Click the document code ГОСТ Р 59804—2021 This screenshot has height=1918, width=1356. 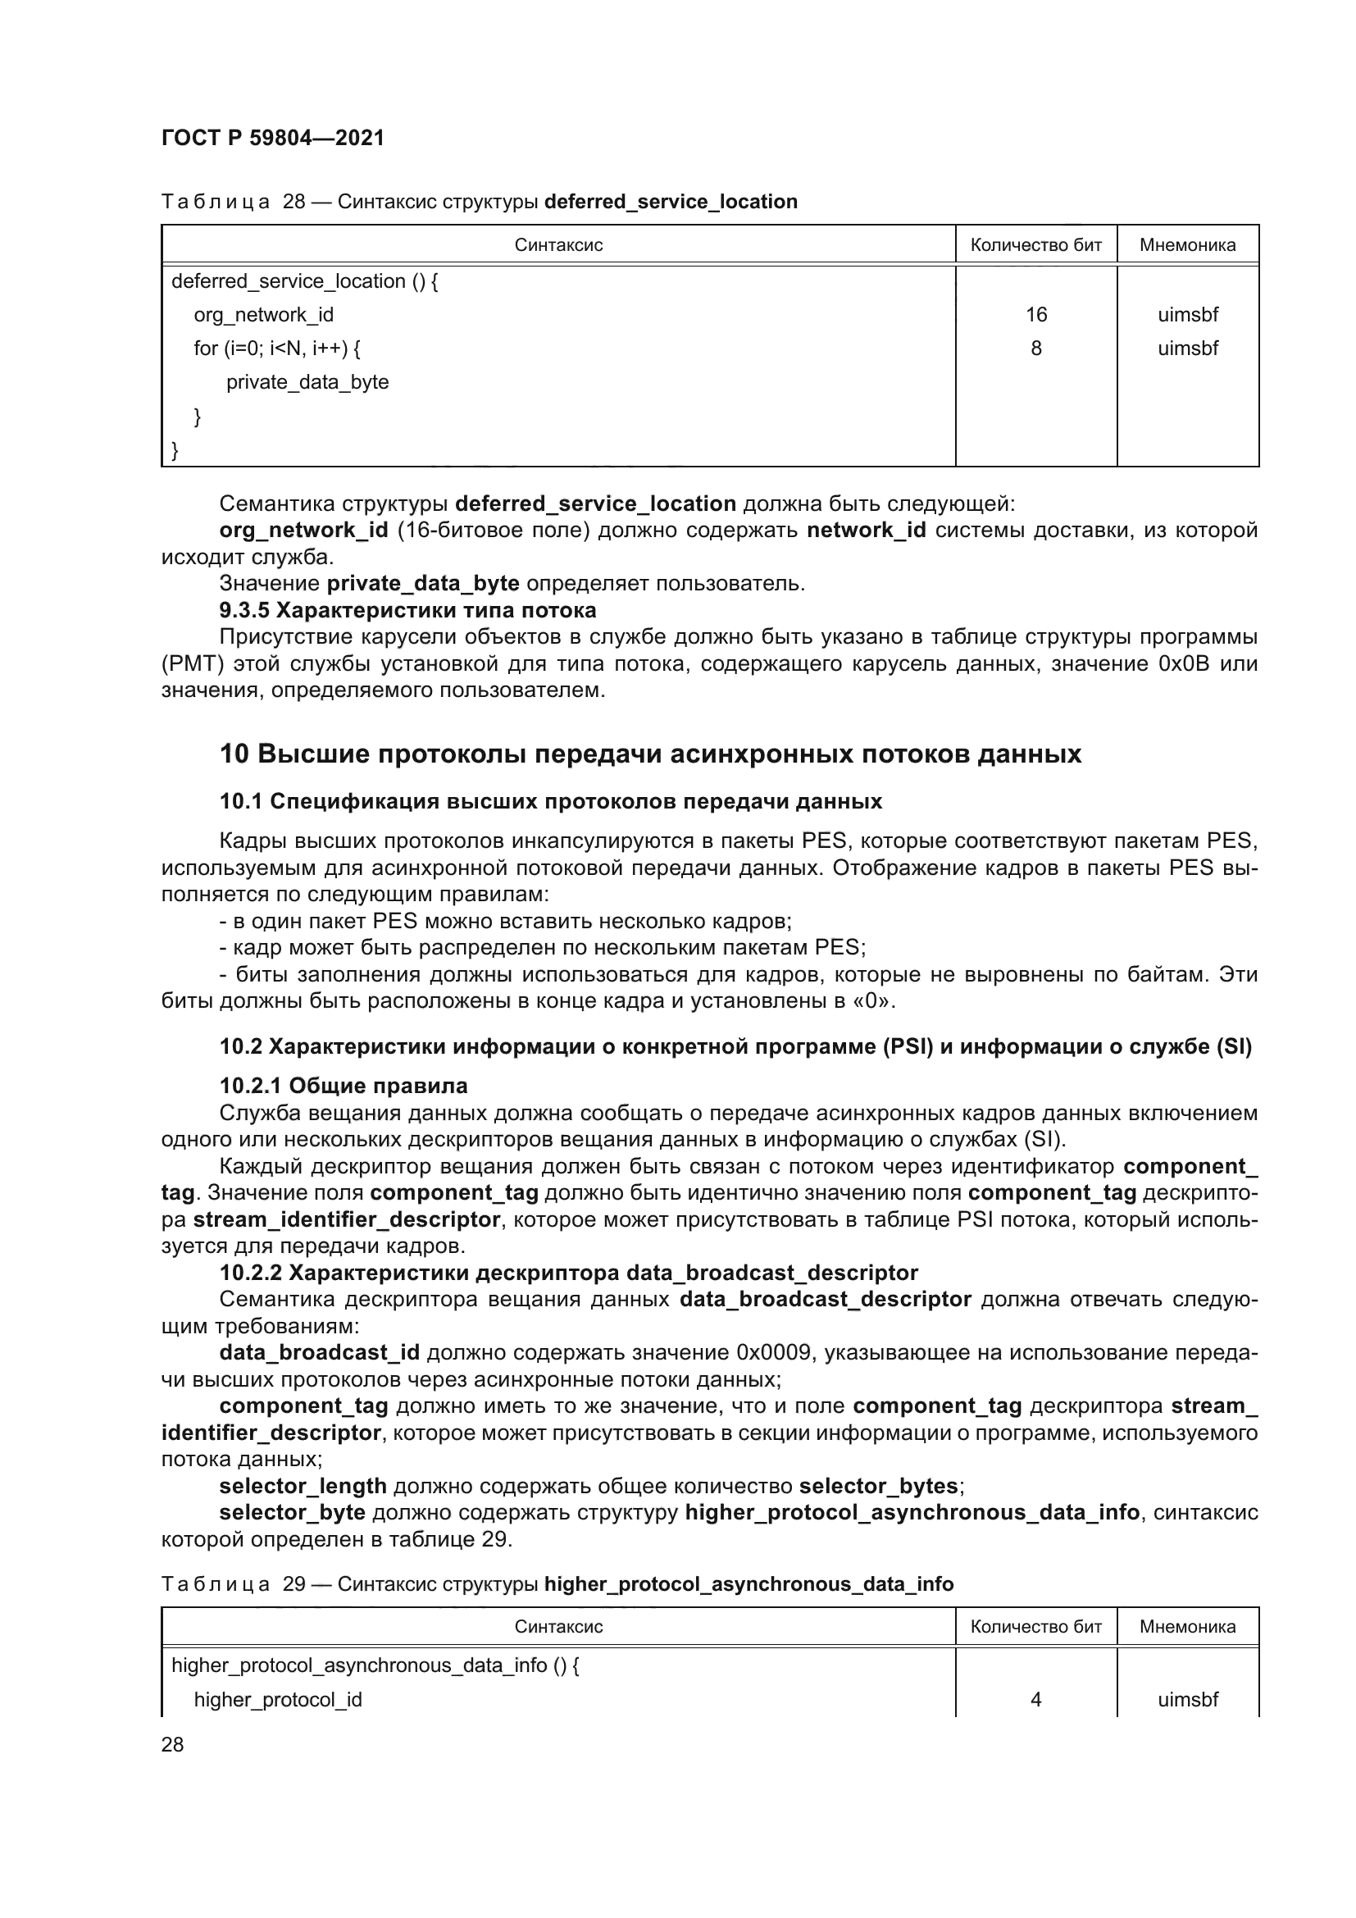click(x=272, y=138)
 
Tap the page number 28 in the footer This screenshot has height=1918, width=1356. click(x=172, y=1744)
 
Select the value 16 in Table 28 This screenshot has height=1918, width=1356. click(x=1035, y=315)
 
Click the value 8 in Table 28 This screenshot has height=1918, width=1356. click(x=1035, y=349)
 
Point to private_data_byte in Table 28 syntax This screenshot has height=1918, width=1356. click(x=307, y=383)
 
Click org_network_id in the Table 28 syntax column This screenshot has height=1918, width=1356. click(x=263, y=315)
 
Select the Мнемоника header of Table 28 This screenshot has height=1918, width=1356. click(x=1186, y=244)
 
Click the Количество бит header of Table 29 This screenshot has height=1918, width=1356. click(x=1035, y=1626)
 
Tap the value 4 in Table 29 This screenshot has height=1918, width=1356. click(x=1035, y=1699)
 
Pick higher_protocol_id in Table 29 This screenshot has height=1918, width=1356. click(x=277, y=1699)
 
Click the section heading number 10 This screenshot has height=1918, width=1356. click(x=234, y=754)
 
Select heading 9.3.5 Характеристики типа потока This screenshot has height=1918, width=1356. click(x=407, y=610)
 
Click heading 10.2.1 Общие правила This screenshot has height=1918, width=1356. click(x=343, y=1086)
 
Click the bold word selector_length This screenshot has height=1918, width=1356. click(x=303, y=1486)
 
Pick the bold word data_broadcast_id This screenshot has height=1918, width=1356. click(x=319, y=1352)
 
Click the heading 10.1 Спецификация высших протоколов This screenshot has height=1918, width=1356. click(x=550, y=802)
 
